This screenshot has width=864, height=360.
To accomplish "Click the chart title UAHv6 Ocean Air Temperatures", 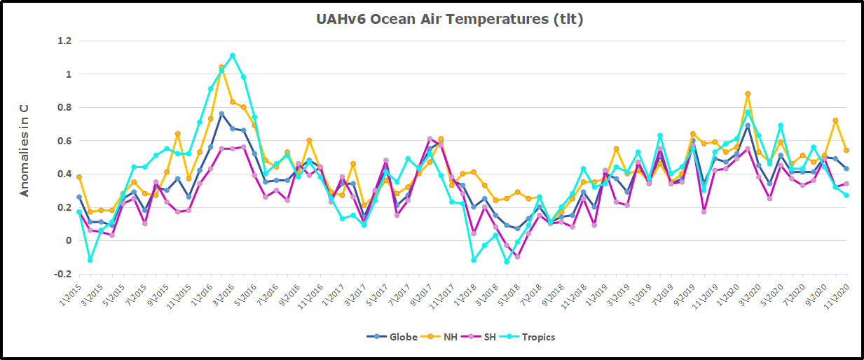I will click(449, 20).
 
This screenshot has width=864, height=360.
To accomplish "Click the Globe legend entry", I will click(392, 337).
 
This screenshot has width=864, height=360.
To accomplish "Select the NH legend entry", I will click(444, 337).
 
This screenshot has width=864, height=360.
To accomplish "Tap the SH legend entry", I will click(486, 337).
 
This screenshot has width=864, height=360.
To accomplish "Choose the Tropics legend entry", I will click(531, 337).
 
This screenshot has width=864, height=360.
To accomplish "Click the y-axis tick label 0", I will click(69, 241).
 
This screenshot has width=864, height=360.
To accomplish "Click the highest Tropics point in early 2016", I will click(233, 56).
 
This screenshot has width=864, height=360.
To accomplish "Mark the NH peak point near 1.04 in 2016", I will click(221, 68).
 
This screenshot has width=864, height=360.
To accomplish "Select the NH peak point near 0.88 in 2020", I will click(748, 94).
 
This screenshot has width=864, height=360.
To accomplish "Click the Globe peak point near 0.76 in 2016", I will click(221, 114).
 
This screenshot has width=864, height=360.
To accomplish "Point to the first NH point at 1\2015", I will click(79, 177).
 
